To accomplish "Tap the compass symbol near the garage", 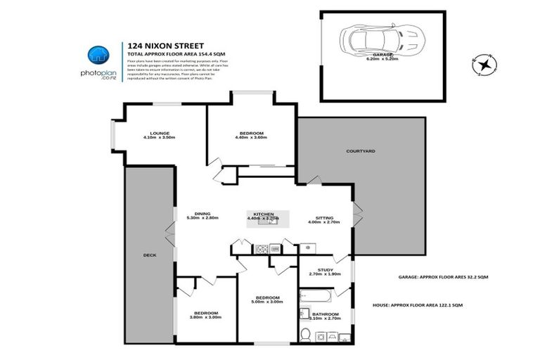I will [485, 65].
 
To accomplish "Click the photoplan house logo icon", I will [98, 56].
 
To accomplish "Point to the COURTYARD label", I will [360, 151].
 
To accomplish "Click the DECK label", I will [148, 255].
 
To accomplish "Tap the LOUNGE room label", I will [159, 133].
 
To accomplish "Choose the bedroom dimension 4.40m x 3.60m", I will [251, 138].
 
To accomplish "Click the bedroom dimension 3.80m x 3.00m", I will [206, 317].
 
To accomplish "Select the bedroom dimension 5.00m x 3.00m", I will [267, 302].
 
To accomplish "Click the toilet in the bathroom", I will [304, 335].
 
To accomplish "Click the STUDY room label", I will [326, 269].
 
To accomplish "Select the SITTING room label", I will [324, 218].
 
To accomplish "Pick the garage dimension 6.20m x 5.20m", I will [382, 59].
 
